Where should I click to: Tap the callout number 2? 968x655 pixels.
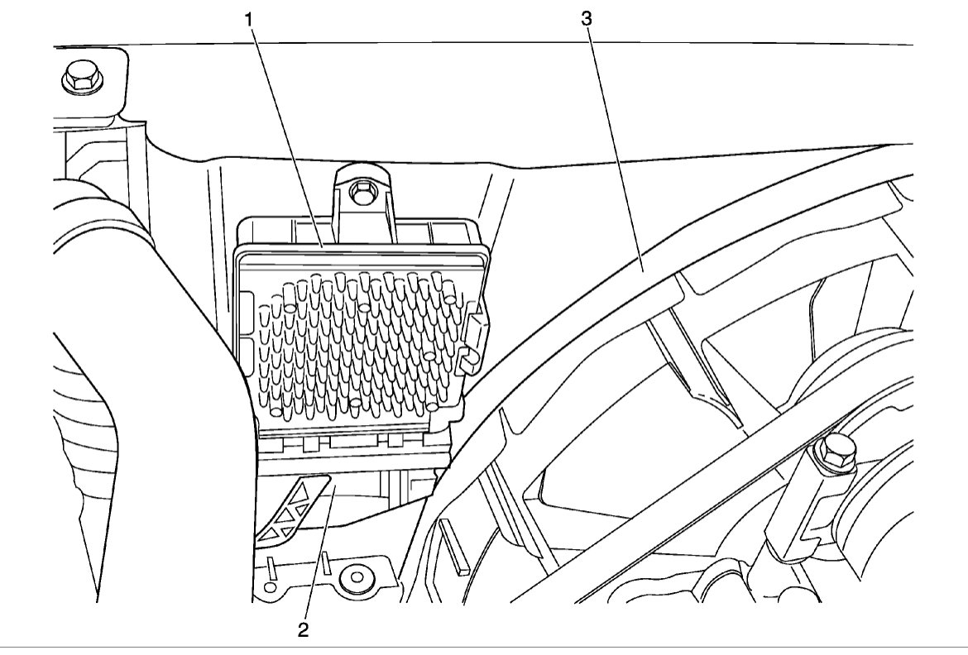[x=304, y=629]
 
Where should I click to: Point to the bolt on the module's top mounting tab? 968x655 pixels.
[x=360, y=193]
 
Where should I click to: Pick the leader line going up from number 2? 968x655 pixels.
[x=318, y=554]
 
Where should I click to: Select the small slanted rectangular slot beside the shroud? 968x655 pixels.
[x=455, y=546]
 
